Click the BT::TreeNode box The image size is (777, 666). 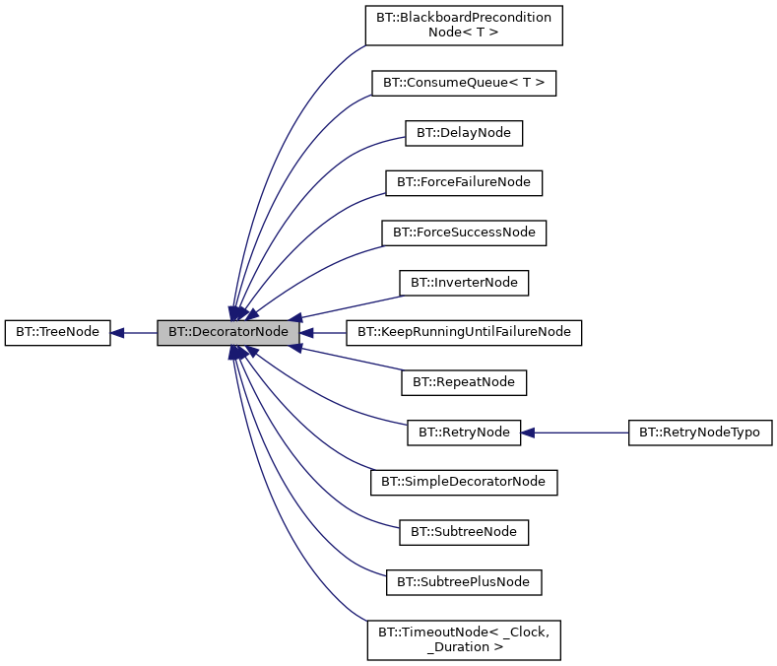pos(57,332)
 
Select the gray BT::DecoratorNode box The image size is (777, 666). pos(227,332)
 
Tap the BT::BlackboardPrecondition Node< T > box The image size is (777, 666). pos(464,25)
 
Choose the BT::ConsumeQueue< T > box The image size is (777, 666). pos(464,83)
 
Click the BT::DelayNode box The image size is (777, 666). pos(464,133)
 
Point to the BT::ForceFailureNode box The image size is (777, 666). pos(464,182)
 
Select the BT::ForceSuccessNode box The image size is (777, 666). pos(464,233)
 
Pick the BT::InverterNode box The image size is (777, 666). pos(464,283)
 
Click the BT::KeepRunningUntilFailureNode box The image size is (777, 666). pos(464,332)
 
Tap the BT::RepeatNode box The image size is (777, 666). pos(464,381)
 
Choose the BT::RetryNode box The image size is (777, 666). pos(464,432)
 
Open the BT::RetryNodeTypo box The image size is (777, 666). pos(700,432)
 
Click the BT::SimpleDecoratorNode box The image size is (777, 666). pos(464,482)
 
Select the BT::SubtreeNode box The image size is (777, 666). pos(464,532)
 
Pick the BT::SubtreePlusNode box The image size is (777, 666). pos(464,582)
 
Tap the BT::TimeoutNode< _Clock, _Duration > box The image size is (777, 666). pos(464,639)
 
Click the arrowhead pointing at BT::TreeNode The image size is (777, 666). pos(117,332)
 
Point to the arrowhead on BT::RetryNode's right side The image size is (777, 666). pos(528,432)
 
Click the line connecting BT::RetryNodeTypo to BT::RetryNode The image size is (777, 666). pos(581,432)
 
